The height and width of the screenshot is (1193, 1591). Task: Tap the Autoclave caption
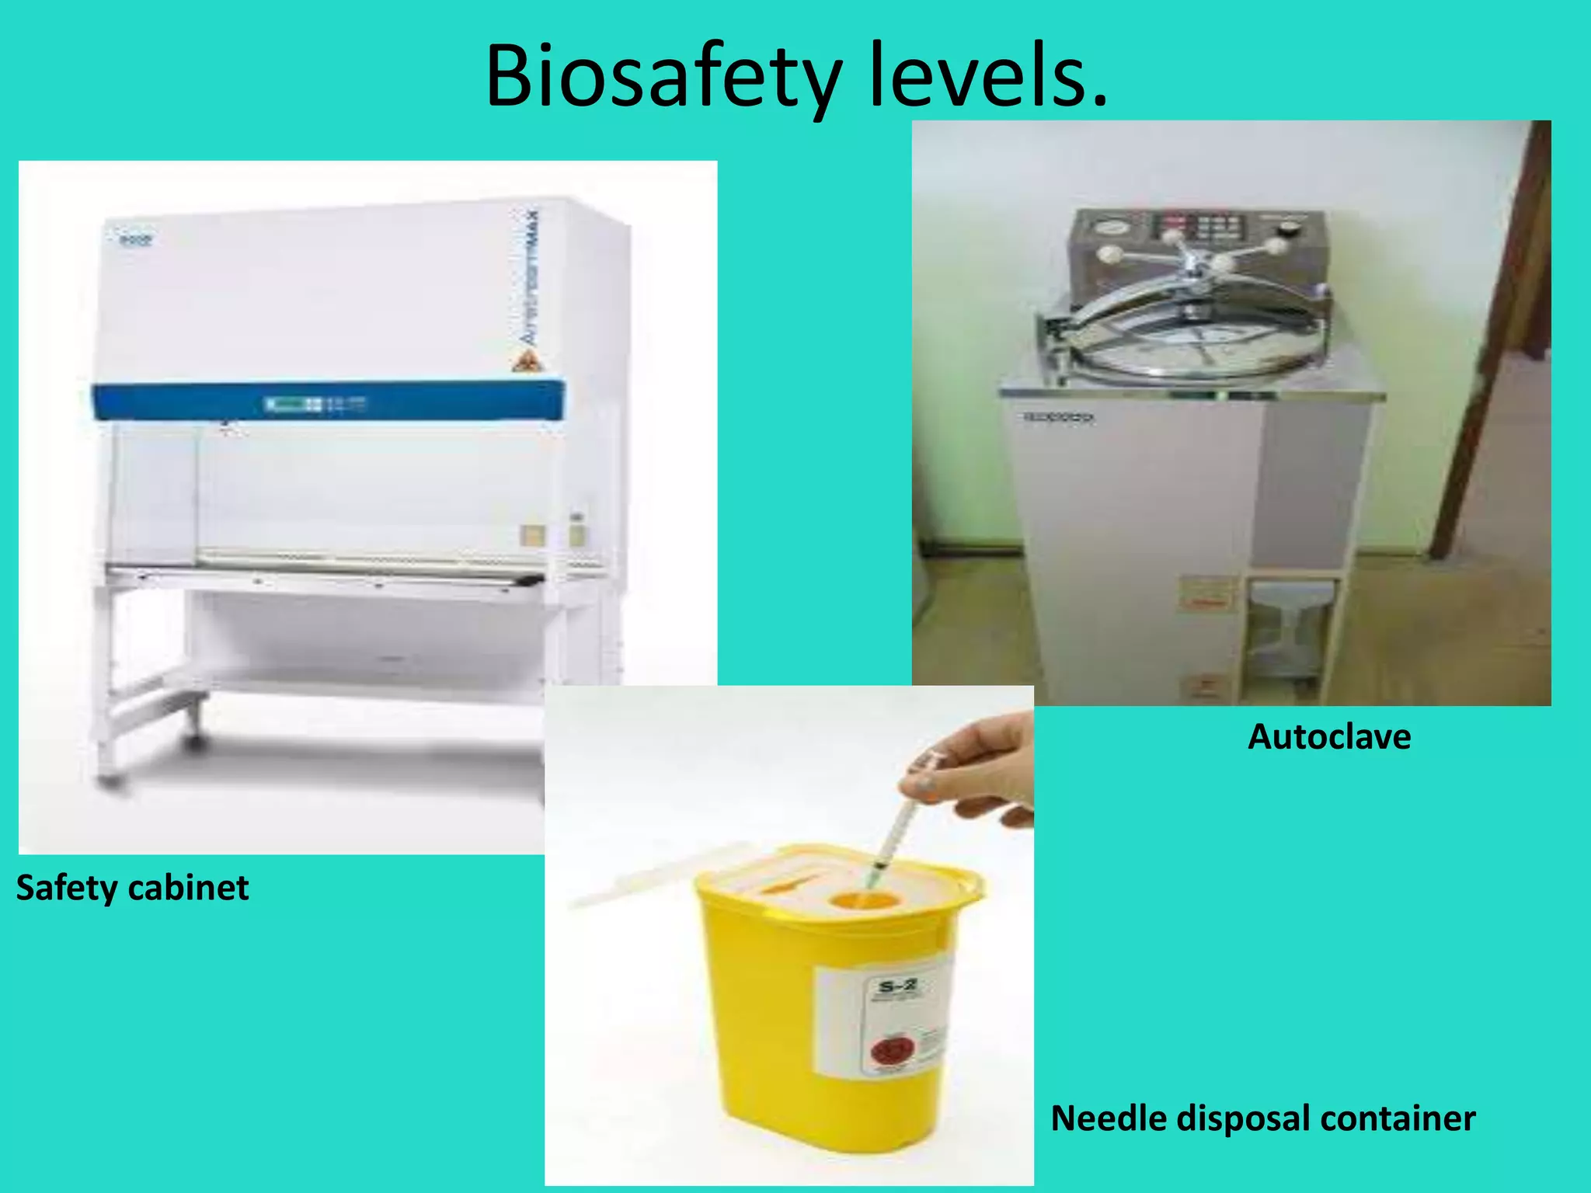(x=1328, y=736)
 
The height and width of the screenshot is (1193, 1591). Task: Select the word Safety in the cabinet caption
(x=67, y=888)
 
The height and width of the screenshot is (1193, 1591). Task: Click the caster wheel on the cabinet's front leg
(x=193, y=743)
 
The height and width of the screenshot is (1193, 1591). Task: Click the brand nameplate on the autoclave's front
(x=1058, y=417)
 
